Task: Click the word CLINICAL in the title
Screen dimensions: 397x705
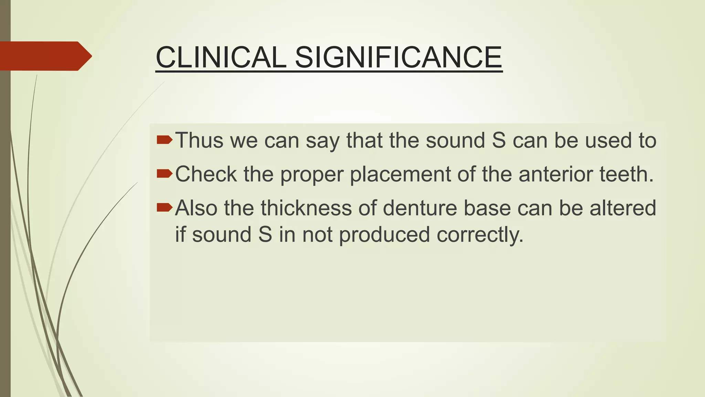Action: point(221,57)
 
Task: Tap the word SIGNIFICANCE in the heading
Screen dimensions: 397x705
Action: point(398,57)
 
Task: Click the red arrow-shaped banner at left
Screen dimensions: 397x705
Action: point(45,56)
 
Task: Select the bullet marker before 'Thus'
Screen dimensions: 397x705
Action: point(164,140)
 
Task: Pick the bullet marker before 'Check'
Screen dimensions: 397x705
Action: point(164,173)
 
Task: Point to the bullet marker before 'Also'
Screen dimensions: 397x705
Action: point(164,207)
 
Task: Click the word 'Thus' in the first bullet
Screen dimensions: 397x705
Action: point(199,140)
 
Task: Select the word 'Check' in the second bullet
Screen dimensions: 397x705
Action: point(206,174)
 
